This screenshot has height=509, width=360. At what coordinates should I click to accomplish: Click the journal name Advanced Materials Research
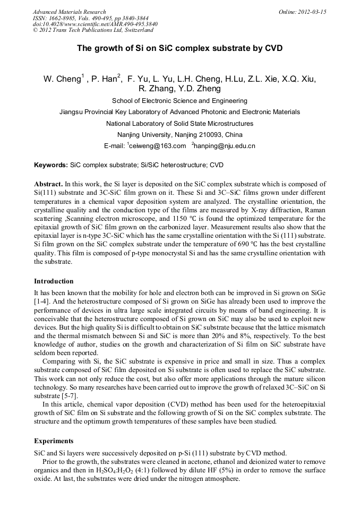coord(69,12)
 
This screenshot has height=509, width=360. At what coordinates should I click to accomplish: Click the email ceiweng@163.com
coord(158,146)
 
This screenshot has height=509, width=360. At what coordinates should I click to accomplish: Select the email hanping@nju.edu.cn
coord(225,146)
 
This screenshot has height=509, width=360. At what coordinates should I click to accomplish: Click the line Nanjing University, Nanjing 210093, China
coord(179,134)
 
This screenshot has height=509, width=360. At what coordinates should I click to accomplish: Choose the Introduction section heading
coord(54,281)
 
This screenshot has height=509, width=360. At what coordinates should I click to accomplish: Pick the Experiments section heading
coord(54,441)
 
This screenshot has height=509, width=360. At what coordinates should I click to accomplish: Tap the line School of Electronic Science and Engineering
coord(179,101)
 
